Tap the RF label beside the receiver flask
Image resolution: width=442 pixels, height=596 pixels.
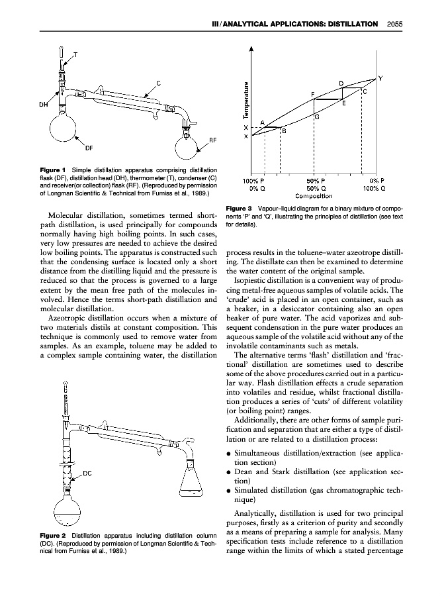213,140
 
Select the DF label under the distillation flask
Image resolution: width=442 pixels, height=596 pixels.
89,148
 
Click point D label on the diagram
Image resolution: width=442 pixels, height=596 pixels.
341,83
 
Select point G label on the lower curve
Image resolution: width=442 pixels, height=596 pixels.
317,117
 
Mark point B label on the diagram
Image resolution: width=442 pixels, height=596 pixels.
284,131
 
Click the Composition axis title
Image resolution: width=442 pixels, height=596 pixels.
314,196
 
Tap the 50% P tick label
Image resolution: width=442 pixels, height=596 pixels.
314,181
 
